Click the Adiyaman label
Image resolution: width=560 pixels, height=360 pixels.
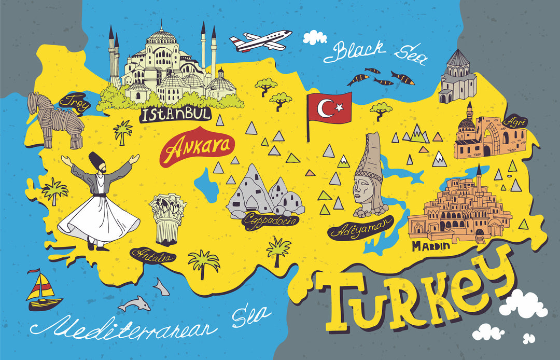[x=360, y=229]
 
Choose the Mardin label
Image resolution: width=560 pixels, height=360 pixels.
[x=431, y=246]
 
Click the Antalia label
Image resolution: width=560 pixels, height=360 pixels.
[x=153, y=255]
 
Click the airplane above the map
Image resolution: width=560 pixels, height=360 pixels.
[x=261, y=40]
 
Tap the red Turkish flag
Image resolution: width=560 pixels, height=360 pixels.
[x=329, y=108]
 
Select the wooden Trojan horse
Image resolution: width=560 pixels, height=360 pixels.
[x=57, y=120]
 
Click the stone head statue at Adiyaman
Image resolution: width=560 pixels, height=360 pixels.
[x=369, y=179]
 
